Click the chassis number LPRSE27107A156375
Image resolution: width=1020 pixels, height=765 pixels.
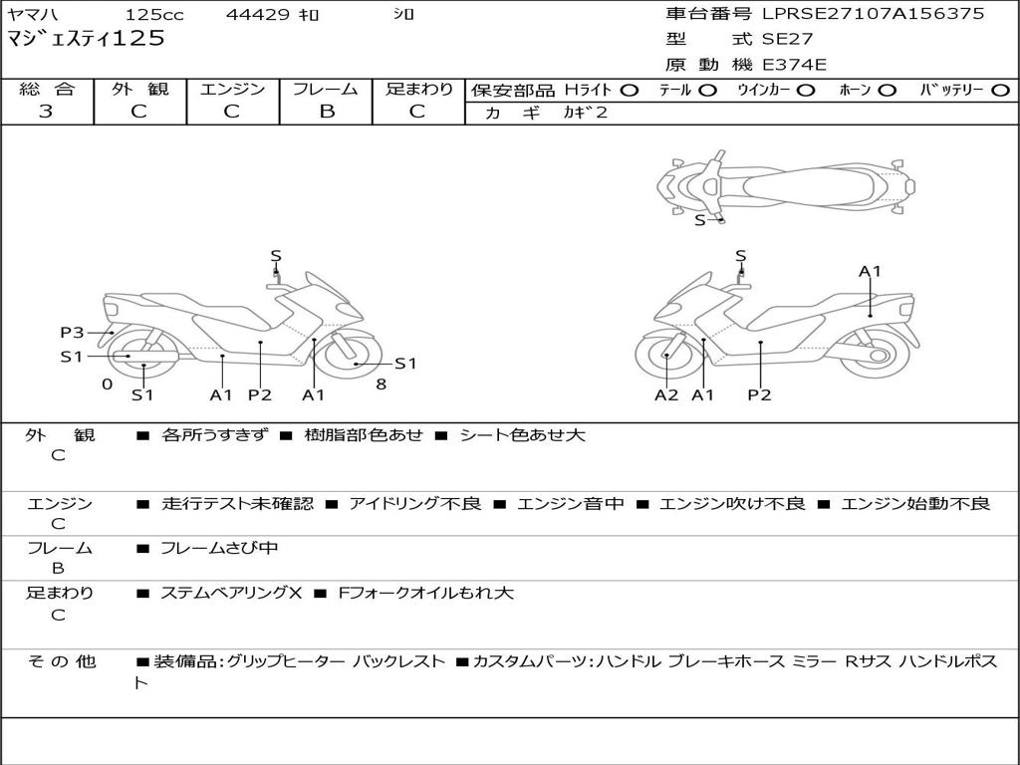point(874,14)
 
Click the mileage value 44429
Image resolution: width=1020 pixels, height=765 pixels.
point(259,15)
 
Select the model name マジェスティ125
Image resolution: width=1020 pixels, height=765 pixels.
point(86,39)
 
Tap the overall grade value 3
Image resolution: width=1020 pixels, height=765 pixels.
point(46,112)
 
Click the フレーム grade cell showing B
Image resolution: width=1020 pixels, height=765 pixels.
point(326,112)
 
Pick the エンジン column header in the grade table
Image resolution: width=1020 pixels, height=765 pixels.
point(232,89)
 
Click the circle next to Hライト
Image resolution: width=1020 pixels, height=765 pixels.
point(629,90)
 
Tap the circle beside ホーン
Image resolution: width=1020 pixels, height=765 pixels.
point(887,90)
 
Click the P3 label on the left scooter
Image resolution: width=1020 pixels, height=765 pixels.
point(72,333)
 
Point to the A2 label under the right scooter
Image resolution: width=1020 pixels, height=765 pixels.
point(666,395)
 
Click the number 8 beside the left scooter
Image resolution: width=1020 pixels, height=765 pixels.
point(381,383)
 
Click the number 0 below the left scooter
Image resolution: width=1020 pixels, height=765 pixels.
point(107,383)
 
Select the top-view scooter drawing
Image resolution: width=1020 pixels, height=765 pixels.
point(785,184)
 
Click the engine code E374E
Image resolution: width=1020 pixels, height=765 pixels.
point(794,65)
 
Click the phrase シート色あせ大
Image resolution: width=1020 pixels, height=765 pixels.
point(522,435)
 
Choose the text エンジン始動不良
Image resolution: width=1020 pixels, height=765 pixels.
point(915,504)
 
